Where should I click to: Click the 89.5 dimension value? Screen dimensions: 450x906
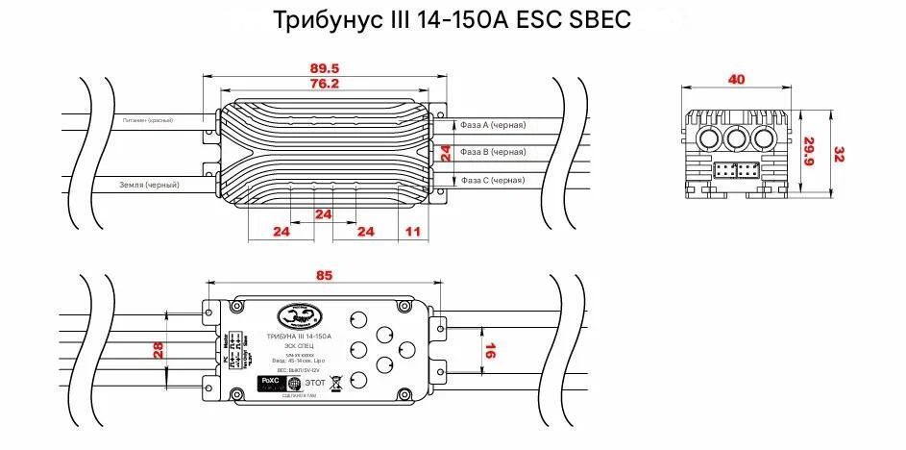click(326, 67)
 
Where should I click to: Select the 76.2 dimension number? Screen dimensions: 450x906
click(326, 84)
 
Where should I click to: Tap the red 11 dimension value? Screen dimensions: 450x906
click(413, 232)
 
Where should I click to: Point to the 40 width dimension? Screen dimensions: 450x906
click(736, 79)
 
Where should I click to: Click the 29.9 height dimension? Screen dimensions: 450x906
click(808, 149)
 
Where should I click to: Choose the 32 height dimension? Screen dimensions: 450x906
click(839, 154)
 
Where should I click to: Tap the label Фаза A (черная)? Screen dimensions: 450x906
click(493, 125)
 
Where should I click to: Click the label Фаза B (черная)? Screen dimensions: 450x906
click(493, 152)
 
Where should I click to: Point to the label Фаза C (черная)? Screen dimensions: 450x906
click(493, 180)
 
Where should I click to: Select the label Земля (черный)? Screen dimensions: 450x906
click(150, 184)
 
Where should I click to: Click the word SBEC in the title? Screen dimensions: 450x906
click(599, 19)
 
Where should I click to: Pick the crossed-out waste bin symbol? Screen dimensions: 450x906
click(335, 383)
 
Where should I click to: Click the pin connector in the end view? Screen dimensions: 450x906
click(737, 170)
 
